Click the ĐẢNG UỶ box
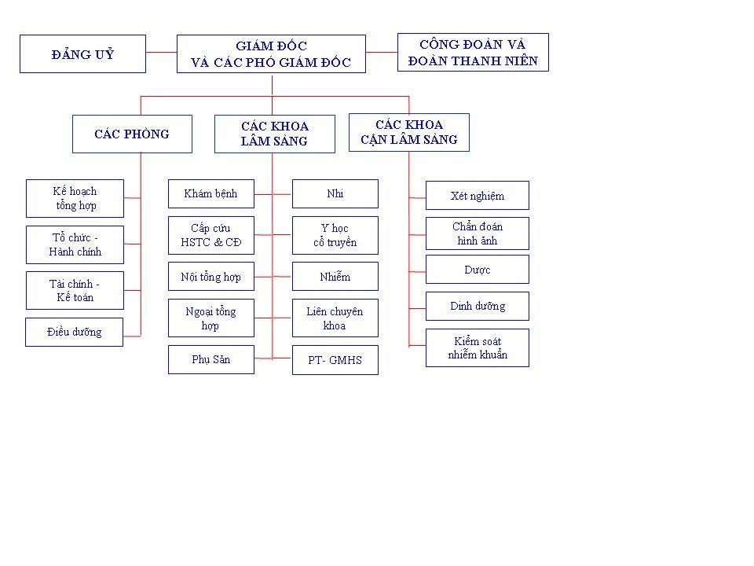pyautogui.click(x=82, y=54)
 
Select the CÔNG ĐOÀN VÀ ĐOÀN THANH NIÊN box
pyautogui.click(x=473, y=53)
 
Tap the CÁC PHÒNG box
pyautogui.click(x=132, y=134)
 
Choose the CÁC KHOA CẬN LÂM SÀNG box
pyautogui.click(x=409, y=132)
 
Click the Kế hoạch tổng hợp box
pyautogui.click(x=75, y=198)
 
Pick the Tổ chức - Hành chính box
pyautogui.click(x=75, y=244)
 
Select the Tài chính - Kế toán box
pyautogui.click(x=75, y=290)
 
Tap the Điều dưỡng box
pyautogui.click(x=75, y=332)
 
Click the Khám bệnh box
pyautogui.click(x=211, y=194)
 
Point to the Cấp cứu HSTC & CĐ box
pyautogui.click(x=211, y=235)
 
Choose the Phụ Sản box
pyautogui.click(x=211, y=359)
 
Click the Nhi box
pyautogui.click(x=335, y=194)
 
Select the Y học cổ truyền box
pyautogui.click(x=335, y=235)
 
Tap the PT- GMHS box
pyautogui.click(x=335, y=360)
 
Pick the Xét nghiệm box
pyautogui.click(x=478, y=196)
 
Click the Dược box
pyautogui.click(x=478, y=269)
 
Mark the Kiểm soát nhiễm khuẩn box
pyautogui.click(x=478, y=348)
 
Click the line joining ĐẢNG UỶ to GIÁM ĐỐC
pyautogui.click(x=162, y=52)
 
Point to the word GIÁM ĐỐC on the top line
pyautogui.click(x=271, y=46)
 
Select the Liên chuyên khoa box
pyautogui.click(x=335, y=318)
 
